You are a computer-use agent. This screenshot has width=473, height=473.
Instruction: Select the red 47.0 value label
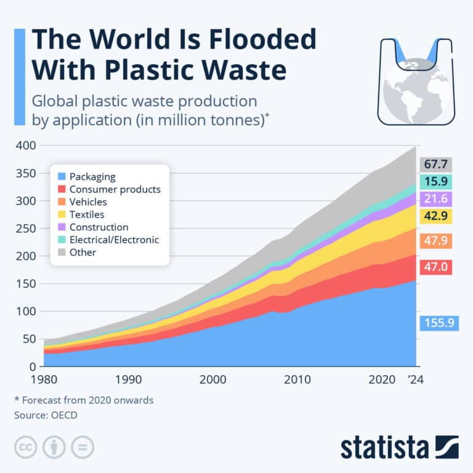click(x=437, y=267)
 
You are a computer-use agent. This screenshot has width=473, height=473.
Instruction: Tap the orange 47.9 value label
click(x=437, y=240)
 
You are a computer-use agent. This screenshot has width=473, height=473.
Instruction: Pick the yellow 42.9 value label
click(x=437, y=216)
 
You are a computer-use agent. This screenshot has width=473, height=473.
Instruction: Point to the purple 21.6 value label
click(x=437, y=199)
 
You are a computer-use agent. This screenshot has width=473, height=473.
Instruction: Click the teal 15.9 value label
click(x=437, y=182)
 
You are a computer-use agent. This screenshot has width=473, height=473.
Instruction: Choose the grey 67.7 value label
click(x=437, y=164)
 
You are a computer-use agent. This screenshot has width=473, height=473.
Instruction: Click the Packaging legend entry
click(x=92, y=176)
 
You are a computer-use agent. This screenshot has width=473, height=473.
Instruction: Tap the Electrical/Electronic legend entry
click(x=114, y=240)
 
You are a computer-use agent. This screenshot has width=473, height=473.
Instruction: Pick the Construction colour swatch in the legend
click(x=62, y=227)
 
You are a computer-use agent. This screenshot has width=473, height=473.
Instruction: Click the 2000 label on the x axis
click(x=213, y=380)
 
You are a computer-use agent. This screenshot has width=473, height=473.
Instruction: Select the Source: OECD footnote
click(x=46, y=415)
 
